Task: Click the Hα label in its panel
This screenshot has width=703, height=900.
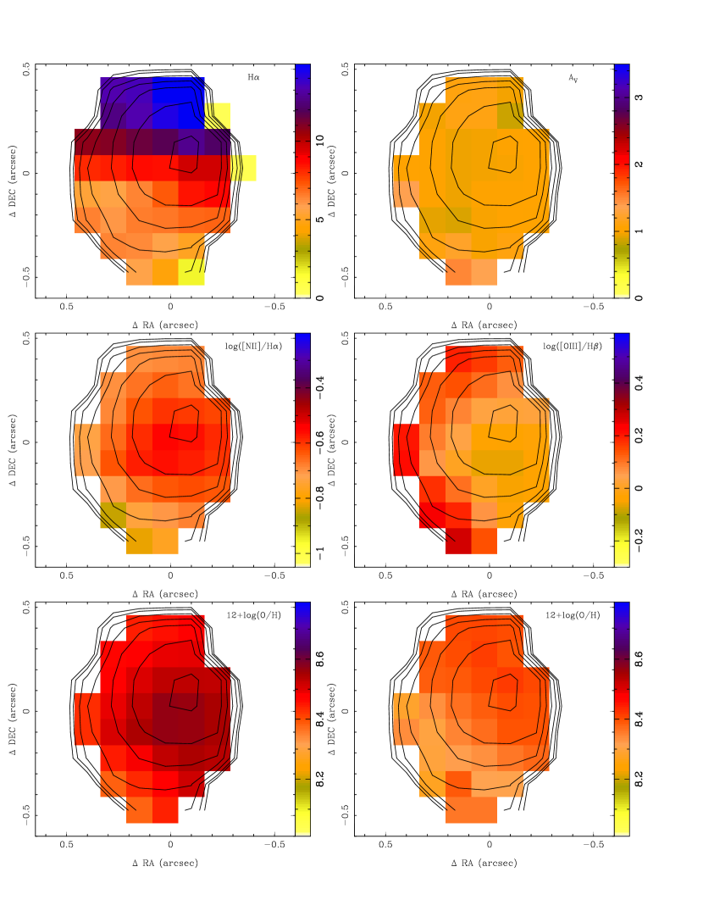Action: (x=253, y=77)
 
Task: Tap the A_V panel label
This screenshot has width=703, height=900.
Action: (x=573, y=77)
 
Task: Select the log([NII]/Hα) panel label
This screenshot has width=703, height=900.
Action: (x=253, y=346)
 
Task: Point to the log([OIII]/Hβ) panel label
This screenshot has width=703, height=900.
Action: (x=573, y=346)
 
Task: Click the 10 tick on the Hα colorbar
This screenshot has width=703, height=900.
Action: (x=319, y=142)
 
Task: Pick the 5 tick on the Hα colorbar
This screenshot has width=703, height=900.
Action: (x=319, y=219)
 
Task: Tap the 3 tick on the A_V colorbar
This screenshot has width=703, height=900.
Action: (x=639, y=97)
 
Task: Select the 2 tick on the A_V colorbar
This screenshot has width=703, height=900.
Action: (x=639, y=164)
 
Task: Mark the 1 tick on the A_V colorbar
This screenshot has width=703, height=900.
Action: (x=639, y=231)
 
